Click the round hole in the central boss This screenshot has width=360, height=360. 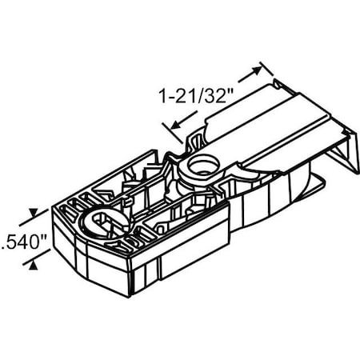point(199,165)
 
